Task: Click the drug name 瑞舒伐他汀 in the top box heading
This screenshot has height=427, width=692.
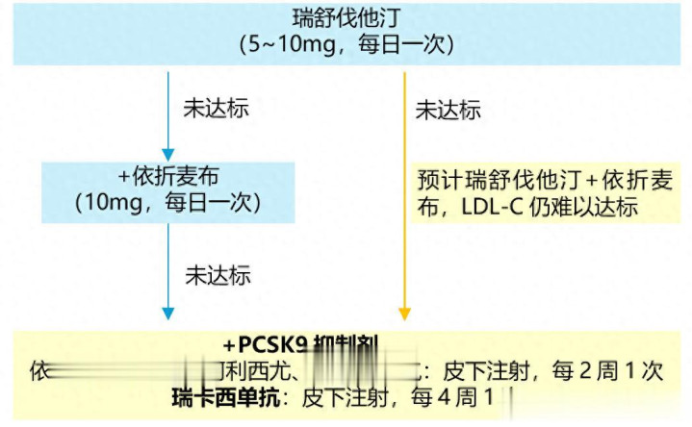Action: click(x=346, y=18)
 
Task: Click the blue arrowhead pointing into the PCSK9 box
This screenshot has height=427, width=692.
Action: click(x=167, y=314)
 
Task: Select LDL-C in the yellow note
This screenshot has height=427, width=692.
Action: click(x=491, y=207)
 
